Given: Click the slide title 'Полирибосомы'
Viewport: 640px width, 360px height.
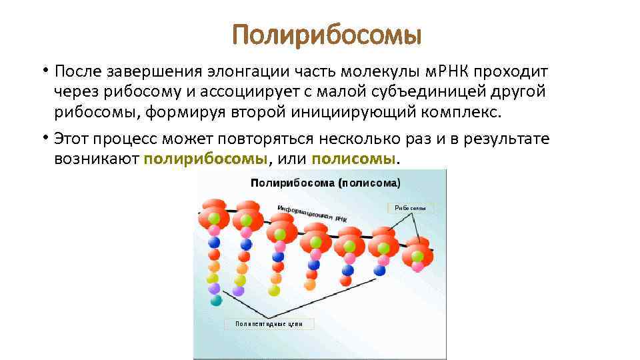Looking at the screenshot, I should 327,35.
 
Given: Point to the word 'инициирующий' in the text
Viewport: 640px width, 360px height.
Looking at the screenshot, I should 345,113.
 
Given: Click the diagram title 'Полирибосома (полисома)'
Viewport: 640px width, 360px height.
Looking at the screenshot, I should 325,182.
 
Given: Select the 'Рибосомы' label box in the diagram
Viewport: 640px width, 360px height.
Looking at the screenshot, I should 410,208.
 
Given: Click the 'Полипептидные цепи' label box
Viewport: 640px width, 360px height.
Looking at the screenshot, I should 269,324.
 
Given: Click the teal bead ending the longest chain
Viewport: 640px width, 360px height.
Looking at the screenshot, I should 215,301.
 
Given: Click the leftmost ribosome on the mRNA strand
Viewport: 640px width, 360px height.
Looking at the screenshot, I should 213,213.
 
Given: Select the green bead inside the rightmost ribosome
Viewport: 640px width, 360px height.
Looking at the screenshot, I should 418,255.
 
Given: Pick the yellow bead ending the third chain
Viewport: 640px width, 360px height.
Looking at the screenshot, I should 274,290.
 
